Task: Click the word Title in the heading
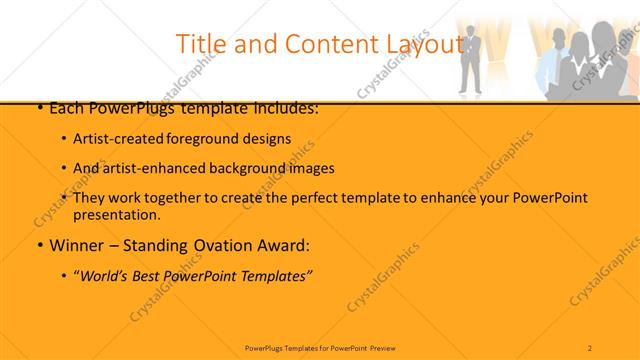(200, 44)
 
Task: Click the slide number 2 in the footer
(590, 347)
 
